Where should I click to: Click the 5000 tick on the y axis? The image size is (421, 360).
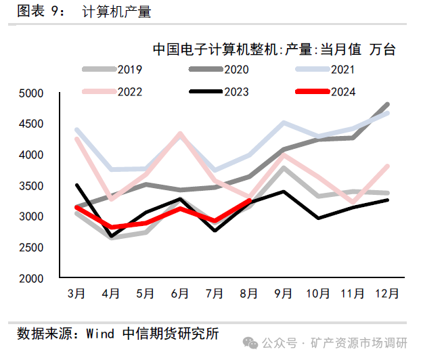point(32,93)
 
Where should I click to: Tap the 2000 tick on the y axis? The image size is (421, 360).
point(32,278)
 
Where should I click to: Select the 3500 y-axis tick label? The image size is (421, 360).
point(32,186)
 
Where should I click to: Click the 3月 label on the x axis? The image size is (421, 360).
point(76,294)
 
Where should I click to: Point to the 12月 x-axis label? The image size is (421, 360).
point(387,294)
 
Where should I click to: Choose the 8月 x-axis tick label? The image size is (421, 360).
point(249,294)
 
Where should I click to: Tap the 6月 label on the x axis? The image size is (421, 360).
point(180,294)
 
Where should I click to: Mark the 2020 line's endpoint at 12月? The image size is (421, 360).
point(387,104)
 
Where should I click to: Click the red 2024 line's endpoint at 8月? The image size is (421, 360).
point(249,201)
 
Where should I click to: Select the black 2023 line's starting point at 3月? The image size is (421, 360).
point(76,185)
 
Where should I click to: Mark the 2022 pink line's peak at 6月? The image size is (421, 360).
point(180,133)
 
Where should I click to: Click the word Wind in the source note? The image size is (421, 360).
point(102,334)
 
